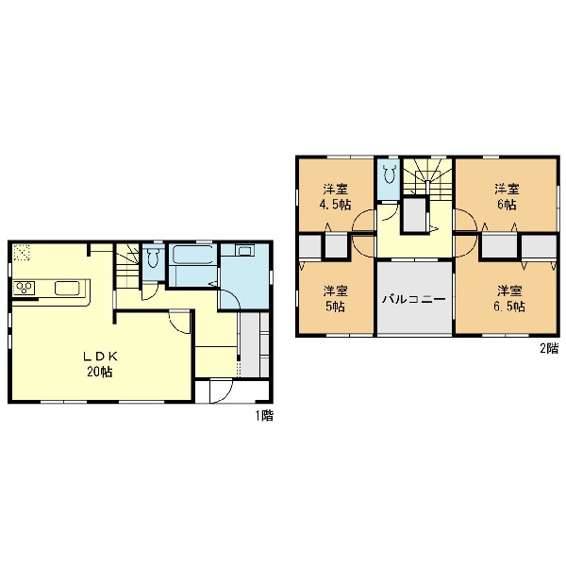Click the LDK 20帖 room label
[100, 364]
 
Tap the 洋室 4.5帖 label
[335, 197]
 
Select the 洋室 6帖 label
[507, 197]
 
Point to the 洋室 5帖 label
[335, 299]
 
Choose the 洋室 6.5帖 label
[509, 299]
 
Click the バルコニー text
[414, 299]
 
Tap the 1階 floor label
[264, 416]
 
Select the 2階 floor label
[549, 348]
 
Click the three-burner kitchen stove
[25, 288]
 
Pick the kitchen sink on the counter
[67, 288]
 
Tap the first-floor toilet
[153, 258]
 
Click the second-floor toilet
[389, 174]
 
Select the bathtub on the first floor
[192, 255]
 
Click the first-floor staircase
[127, 266]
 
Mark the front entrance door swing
[221, 392]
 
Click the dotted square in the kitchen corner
[22, 252]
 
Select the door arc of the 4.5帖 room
[363, 221]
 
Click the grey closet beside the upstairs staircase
[414, 216]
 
